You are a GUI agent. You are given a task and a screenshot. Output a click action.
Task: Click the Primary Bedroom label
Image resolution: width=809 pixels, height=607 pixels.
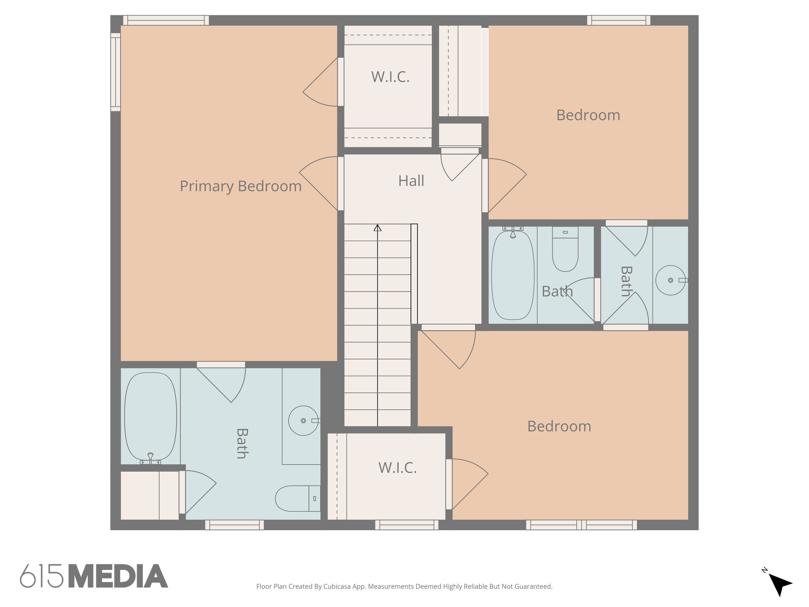(241, 186)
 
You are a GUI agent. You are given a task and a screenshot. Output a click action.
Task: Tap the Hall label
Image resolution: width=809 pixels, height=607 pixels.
(411, 181)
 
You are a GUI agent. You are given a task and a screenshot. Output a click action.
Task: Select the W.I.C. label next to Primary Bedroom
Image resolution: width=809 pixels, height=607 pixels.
(390, 77)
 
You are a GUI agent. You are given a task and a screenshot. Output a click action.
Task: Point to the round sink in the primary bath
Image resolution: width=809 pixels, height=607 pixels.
(303, 420)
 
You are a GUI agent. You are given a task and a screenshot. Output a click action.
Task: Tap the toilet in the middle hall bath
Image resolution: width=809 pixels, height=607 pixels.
(565, 251)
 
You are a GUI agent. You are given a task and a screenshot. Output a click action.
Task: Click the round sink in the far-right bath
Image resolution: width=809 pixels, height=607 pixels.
(670, 280)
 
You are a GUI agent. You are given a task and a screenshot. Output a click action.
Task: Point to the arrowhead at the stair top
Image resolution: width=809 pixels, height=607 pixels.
(378, 228)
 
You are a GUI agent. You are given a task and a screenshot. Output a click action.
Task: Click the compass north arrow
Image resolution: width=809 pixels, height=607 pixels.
(780, 584)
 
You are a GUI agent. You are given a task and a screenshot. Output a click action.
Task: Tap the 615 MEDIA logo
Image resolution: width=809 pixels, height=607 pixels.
(94, 576)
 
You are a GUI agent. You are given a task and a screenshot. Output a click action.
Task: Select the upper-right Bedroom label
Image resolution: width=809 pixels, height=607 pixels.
(588, 115)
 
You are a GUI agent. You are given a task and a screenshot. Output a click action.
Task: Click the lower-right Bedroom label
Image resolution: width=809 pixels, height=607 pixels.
(559, 426)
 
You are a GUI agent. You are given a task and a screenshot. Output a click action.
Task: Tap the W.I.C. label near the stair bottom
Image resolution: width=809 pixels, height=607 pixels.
(397, 468)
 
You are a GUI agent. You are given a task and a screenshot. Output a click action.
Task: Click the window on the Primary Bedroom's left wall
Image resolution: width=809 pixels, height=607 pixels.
(115, 72)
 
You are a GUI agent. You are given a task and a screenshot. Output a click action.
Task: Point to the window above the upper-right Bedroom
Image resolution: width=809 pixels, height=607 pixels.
(619, 20)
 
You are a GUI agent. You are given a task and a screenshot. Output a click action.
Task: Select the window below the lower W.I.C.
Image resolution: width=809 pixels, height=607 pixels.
(406, 525)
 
